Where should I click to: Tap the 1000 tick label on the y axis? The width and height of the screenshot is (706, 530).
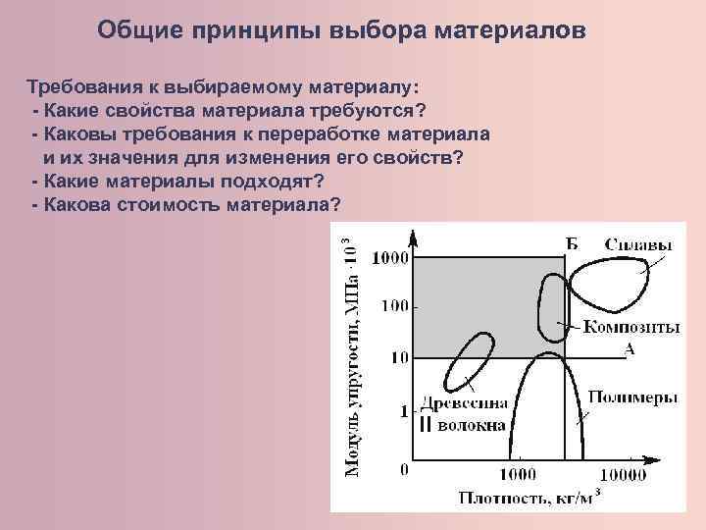pyautogui.click(x=389, y=258)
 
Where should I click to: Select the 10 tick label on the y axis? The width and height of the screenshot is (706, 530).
pyautogui.click(x=399, y=358)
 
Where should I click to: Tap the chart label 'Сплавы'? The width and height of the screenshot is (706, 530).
pyautogui.click(x=638, y=244)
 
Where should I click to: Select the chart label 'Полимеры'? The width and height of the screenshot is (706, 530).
pyautogui.click(x=634, y=397)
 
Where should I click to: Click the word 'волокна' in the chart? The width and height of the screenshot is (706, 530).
pyautogui.click(x=472, y=425)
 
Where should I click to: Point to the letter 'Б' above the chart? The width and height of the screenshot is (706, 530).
pyautogui.click(x=572, y=243)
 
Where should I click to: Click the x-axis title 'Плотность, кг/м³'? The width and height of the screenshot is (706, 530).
pyautogui.click(x=529, y=498)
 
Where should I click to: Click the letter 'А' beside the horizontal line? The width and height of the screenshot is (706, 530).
pyautogui.click(x=629, y=347)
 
